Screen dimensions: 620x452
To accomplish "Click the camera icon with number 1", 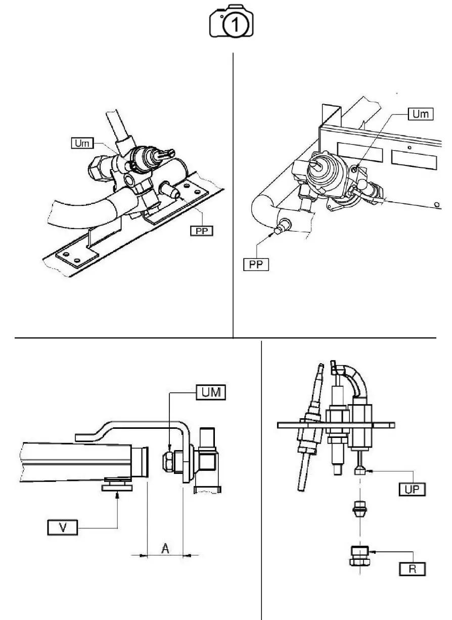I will [232, 22].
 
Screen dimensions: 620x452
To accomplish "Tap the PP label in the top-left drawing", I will [201, 231].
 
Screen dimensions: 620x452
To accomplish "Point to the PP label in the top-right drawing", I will [256, 264].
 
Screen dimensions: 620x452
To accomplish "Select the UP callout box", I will [410, 490].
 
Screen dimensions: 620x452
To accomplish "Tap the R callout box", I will [411, 569].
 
